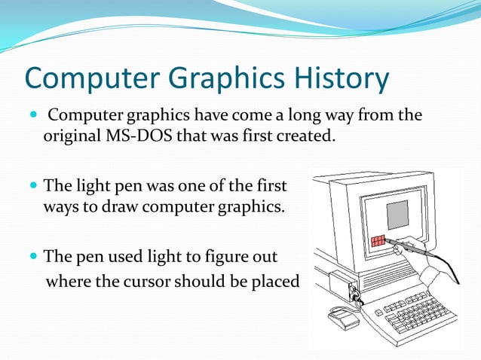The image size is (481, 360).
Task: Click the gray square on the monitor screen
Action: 397,215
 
